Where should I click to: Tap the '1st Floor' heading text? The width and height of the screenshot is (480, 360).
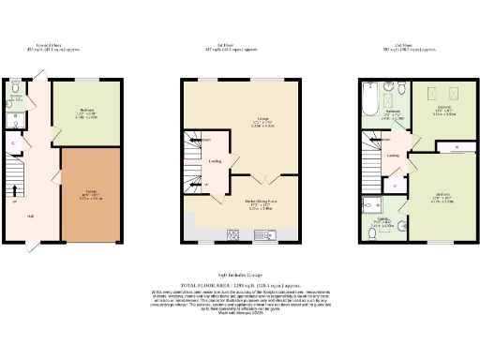point(242,44)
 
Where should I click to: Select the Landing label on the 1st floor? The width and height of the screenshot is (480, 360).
point(214,161)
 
